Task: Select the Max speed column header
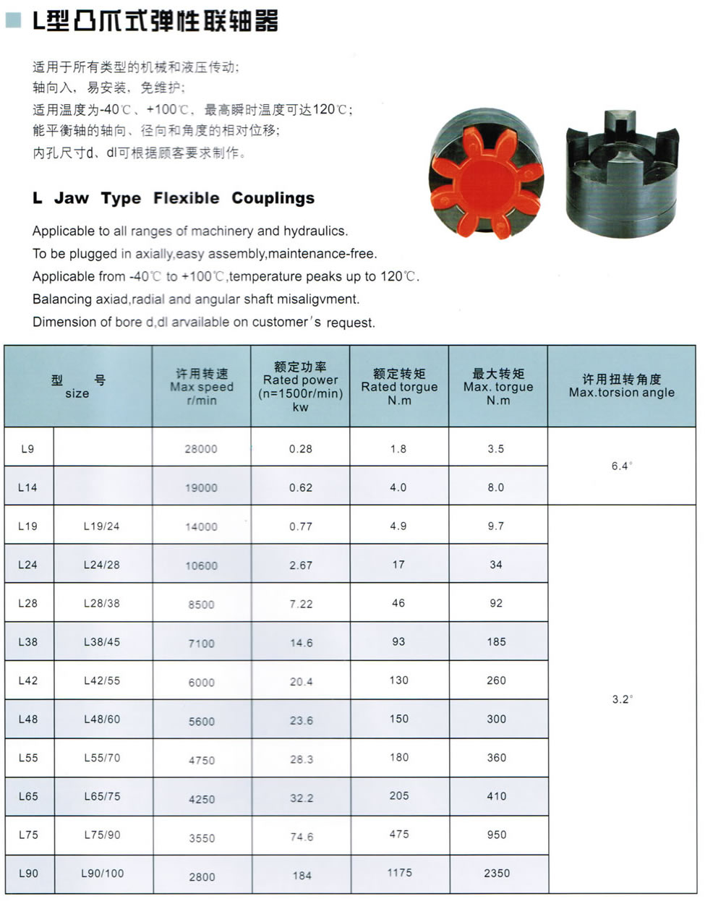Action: pyautogui.click(x=201, y=387)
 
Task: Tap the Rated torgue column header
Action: pyautogui.click(x=399, y=387)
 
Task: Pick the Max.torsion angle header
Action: pyautogui.click(x=621, y=386)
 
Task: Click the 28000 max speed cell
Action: pyautogui.click(x=201, y=449)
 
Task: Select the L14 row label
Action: pyautogui.click(x=27, y=487)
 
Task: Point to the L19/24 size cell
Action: pyautogui.click(x=101, y=526)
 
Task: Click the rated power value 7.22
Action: pyautogui.click(x=301, y=604)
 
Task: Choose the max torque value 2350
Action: pyautogui.click(x=497, y=874)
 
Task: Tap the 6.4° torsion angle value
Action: pyautogui.click(x=621, y=466)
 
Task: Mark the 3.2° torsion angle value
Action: pyautogui.click(x=621, y=699)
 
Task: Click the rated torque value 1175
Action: pyautogui.click(x=399, y=873)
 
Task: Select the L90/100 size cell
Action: pyautogui.click(x=102, y=874)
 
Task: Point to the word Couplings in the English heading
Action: pyautogui.click(x=273, y=198)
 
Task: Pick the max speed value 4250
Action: pyautogui.click(x=202, y=799)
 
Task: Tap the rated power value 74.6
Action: pyautogui.click(x=302, y=837)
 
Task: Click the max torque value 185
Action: pyautogui.click(x=497, y=642)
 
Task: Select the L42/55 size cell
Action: pyautogui.click(x=102, y=680)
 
